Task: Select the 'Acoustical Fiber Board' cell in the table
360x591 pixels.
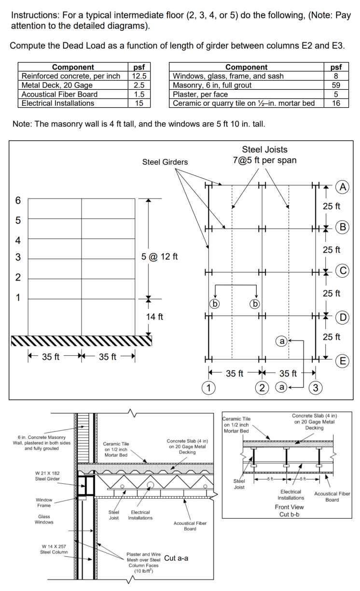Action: pyautogui.click(x=60, y=94)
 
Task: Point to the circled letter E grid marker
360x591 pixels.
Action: pyautogui.click(x=343, y=361)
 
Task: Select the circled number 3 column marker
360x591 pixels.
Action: pyautogui.click(x=316, y=387)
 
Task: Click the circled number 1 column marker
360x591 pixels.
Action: pyautogui.click(x=208, y=387)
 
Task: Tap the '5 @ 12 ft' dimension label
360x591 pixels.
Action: pyautogui.click(x=160, y=256)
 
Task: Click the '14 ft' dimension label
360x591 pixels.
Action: pyautogui.click(x=154, y=317)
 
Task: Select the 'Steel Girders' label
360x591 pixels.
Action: pyautogui.click(x=165, y=162)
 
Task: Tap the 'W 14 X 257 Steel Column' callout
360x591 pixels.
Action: pyautogui.click(x=54, y=549)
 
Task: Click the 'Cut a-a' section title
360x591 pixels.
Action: pyautogui.click(x=176, y=558)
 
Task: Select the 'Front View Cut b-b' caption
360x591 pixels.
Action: pyautogui.click(x=289, y=510)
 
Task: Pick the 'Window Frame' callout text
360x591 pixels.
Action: pyautogui.click(x=44, y=503)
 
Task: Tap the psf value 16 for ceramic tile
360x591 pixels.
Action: pyautogui.click(x=337, y=103)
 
